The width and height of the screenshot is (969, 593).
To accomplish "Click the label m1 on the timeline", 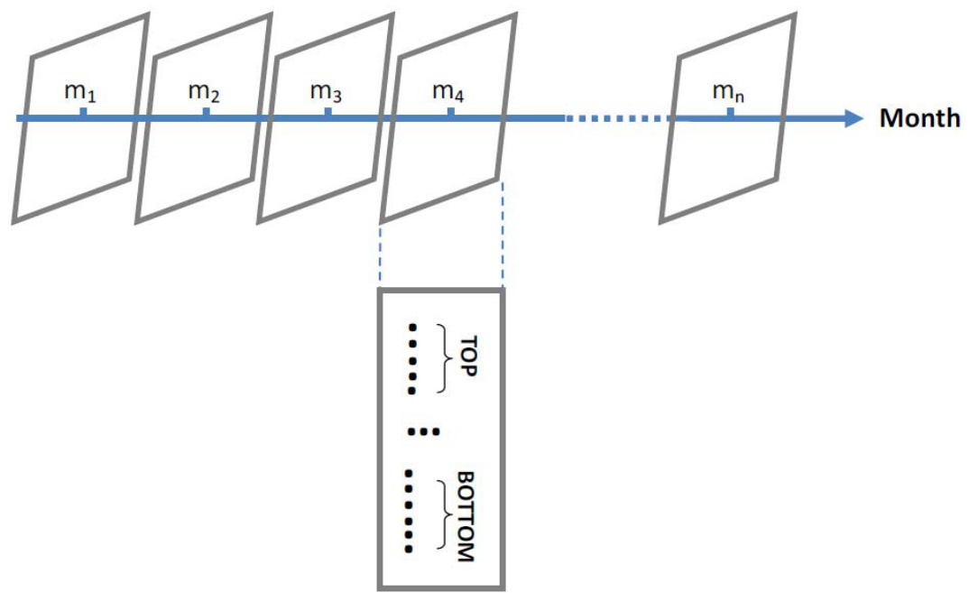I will [x=80, y=91].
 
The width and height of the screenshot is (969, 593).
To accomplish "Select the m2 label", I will [x=204, y=91].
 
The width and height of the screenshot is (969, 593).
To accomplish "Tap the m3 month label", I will [x=326, y=91].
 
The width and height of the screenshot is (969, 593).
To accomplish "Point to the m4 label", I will [x=448, y=91].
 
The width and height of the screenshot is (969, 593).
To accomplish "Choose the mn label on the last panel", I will [x=729, y=91].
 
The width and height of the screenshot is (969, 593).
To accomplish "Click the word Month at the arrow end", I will [x=919, y=118].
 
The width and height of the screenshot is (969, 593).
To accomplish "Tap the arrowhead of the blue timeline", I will [x=852, y=118].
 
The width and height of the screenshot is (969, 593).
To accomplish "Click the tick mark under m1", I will [x=83, y=112].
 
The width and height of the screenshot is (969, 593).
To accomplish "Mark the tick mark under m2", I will [x=206, y=112].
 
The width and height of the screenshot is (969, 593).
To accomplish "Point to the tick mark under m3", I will [x=328, y=112].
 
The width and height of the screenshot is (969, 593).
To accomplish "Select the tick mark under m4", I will [x=450, y=112].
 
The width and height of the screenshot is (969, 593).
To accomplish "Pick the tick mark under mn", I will [x=730, y=112].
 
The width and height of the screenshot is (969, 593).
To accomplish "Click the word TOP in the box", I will [x=466, y=358].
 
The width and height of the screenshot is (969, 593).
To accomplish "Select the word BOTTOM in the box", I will [x=466, y=515].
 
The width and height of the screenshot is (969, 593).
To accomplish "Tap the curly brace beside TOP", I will [x=442, y=358].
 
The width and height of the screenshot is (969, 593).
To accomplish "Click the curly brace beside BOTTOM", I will [x=442, y=515].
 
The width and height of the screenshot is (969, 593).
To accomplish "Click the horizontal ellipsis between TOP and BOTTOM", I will [x=423, y=432].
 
